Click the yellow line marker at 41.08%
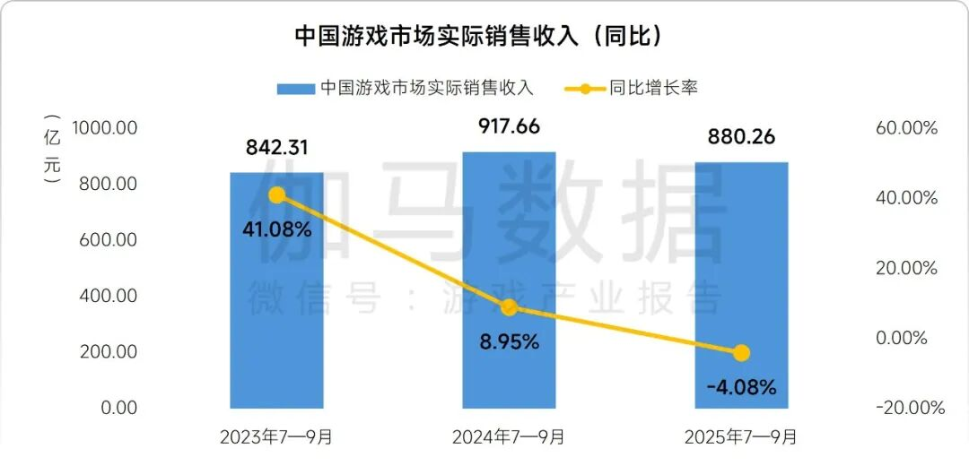coord(277,195)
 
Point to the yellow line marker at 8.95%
coord(509,307)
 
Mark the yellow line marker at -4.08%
coord(741,353)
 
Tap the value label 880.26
coord(741,138)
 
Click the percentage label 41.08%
coord(277,229)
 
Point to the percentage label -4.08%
coord(741,388)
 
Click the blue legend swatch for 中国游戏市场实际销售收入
coord(295,88)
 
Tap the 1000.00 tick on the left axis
coord(105,128)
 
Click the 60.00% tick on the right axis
coord(906,128)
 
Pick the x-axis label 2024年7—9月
coord(508,438)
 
